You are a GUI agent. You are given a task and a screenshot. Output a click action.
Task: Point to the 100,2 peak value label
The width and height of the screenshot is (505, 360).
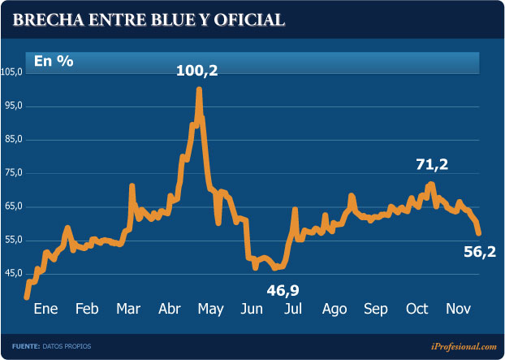[197, 72]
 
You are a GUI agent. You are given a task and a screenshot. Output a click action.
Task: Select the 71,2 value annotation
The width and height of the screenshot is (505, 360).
[432, 164]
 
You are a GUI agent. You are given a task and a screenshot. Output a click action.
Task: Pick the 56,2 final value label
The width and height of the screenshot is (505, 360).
[480, 253]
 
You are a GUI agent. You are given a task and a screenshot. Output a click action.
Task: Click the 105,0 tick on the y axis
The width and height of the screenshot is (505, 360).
[13, 72]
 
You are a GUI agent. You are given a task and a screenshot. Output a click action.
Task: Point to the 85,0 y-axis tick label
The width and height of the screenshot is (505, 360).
[13, 140]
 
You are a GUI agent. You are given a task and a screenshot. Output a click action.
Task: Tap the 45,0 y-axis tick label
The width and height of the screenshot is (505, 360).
[13, 273]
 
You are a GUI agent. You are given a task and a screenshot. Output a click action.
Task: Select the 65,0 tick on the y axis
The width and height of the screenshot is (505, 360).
[13, 206]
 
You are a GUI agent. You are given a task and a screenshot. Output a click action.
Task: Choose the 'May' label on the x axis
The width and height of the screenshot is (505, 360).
[210, 310]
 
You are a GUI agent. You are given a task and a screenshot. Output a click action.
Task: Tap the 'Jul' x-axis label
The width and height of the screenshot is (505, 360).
[293, 310]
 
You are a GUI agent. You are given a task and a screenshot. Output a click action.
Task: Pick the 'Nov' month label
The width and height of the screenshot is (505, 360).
[459, 310]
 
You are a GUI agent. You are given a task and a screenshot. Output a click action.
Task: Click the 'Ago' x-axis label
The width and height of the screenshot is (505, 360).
[335, 310]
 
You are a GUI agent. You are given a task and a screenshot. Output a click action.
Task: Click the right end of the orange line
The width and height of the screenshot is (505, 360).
[479, 234]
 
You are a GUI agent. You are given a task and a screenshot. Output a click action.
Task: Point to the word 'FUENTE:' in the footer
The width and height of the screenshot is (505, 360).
[26, 347]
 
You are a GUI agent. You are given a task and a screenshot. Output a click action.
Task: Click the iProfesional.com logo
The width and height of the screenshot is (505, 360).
[459, 346]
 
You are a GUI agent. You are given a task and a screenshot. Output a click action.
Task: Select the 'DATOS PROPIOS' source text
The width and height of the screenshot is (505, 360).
[67, 347]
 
